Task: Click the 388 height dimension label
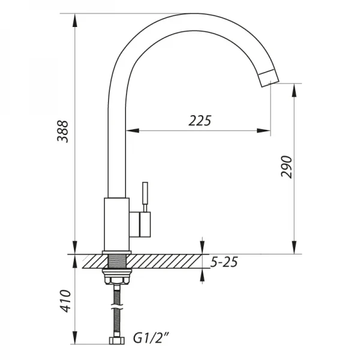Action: pos(63,131)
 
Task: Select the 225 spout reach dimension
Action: pos(200,121)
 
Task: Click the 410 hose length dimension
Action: pos(64,301)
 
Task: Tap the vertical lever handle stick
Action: pos(144,196)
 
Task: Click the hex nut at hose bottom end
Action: pos(116,342)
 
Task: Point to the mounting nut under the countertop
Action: pos(116,278)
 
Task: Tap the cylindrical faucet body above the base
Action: pos(116,222)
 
